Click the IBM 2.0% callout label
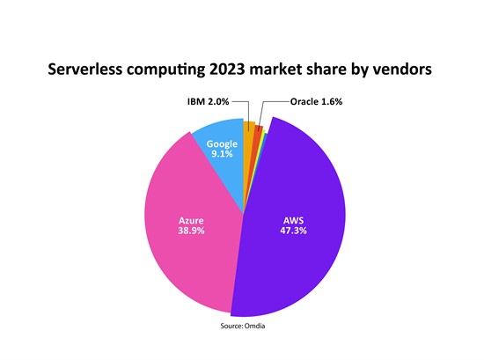point(208,101)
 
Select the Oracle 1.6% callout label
point(316,101)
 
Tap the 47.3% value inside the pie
point(293,231)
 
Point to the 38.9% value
point(191,231)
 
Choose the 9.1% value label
point(222,153)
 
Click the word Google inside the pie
point(222,143)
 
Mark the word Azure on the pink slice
point(191,221)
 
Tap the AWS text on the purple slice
point(294,220)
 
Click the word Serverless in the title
point(84,70)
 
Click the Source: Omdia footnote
point(243,326)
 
